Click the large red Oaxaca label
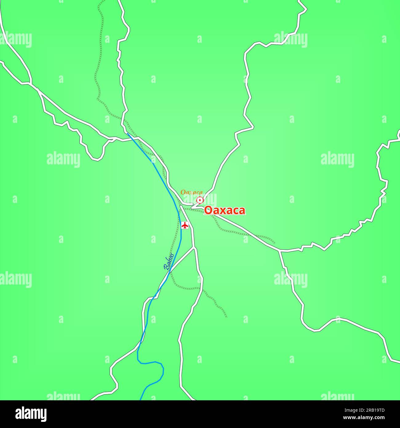point(225,210)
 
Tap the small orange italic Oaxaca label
point(191,192)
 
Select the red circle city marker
point(200,200)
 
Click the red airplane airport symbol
point(185,225)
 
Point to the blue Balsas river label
point(169,262)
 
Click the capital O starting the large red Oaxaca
point(208,210)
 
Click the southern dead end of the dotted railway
point(226,317)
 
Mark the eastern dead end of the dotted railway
point(274,243)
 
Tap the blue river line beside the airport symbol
point(180,226)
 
